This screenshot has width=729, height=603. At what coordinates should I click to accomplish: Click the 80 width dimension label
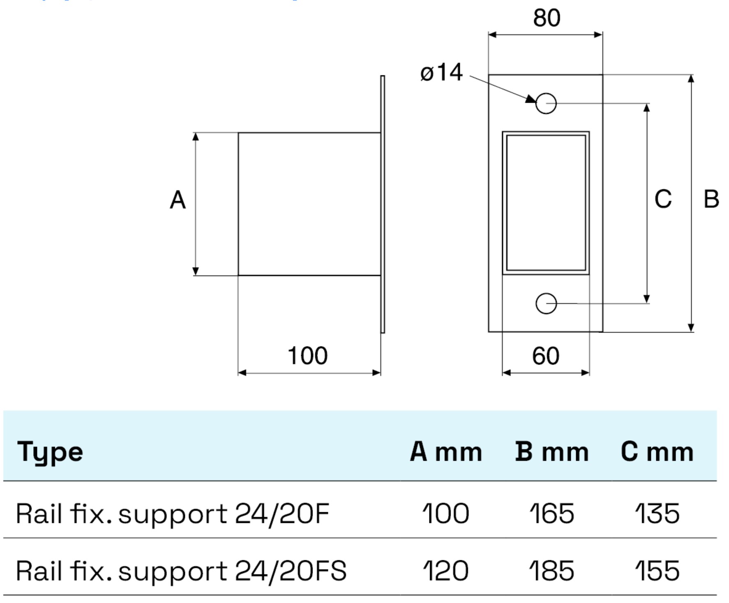[x=546, y=18]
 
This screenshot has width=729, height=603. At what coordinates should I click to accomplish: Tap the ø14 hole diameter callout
[x=441, y=73]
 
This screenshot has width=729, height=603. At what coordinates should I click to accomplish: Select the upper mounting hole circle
[x=546, y=104]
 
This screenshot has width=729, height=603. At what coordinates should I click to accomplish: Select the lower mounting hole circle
[x=546, y=304]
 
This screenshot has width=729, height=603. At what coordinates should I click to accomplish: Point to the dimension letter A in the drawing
[x=178, y=200]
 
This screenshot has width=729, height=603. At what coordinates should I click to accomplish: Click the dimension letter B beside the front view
[x=711, y=199]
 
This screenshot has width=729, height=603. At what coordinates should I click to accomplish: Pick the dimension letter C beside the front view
[x=663, y=199]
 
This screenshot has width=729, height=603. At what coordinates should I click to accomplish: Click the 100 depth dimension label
[x=307, y=356]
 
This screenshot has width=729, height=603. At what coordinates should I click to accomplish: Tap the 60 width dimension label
[x=545, y=356]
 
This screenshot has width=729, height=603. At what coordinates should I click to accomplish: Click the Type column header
[x=50, y=452]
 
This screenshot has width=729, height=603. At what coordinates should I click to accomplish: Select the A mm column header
[x=446, y=452]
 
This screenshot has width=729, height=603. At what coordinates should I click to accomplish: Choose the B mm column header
[x=552, y=452]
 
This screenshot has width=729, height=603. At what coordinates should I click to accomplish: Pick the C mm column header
[x=657, y=452]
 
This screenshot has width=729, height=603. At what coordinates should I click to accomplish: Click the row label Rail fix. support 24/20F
[x=173, y=514]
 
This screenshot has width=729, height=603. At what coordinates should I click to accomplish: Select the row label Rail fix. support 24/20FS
[x=181, y=571]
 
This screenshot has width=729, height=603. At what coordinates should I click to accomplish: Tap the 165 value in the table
[x=551, y=514]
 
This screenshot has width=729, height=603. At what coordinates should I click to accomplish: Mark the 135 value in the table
[x=657, y=514]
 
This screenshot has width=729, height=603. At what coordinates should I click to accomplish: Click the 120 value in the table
[x=446, y=571]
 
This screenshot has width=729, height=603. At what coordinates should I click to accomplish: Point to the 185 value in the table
[x=551, y=571]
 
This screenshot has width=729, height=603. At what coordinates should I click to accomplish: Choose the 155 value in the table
[x=657, y=571]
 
